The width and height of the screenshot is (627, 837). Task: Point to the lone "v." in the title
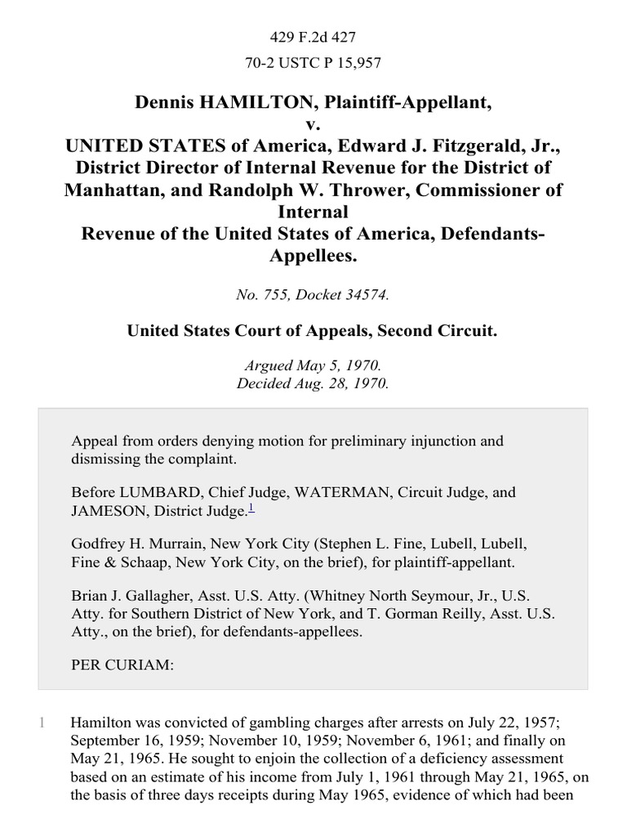click(x=313, y=125)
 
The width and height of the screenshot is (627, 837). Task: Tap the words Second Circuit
click(x=447, y=331)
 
